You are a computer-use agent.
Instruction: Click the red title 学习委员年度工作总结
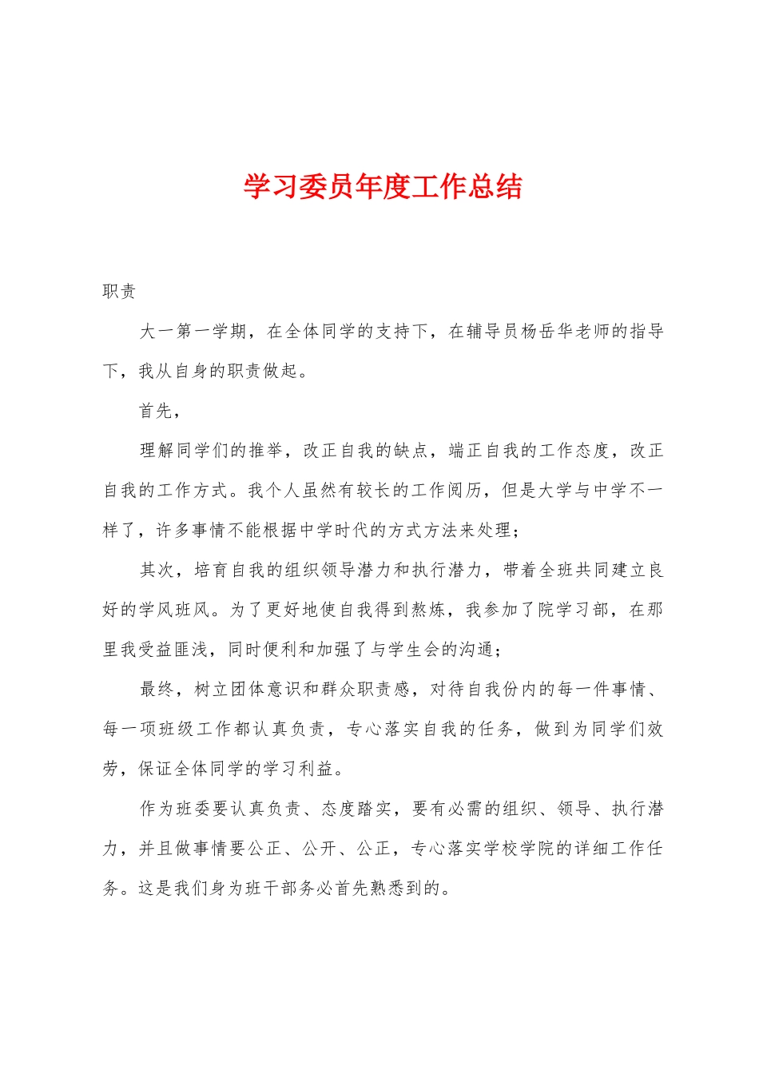click(x=383, y=187)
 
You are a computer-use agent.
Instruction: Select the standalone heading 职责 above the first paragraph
click(x=120, y=292)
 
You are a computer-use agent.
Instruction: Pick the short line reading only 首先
click(x=157, y=411)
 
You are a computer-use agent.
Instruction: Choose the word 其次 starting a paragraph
click(x=157, y=570)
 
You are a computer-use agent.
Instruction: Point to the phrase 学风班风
click(x=175, y=610)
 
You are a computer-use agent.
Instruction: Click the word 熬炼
click(x=428, y=610)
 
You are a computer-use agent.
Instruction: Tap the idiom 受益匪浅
click(x=175, y=650)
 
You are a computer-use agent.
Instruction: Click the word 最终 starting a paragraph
click(x=157, y=689)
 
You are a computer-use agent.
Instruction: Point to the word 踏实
click(x=374, y=809)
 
